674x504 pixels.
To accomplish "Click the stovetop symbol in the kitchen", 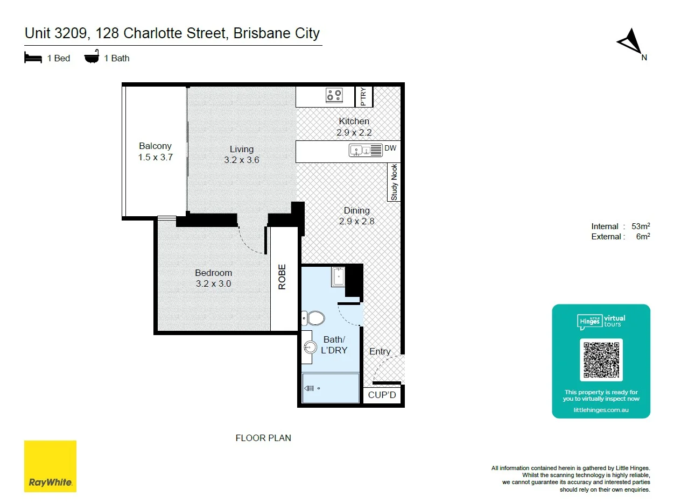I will pyautogui.click(x=334, y=95).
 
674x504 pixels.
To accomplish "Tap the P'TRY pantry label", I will pyautogui.click(x=363, y=96).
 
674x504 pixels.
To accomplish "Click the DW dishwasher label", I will pyautogui.click(x=390, y=147).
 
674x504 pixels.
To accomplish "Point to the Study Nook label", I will pyautogui.click(x=395, y=182).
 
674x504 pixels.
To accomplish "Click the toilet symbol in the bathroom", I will pyautogui.click(x=313, y=318).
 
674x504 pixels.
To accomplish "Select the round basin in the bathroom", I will pyautogui.click(x=310, y=347).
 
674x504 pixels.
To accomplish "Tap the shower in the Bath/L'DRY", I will pyautogui.click(x=331, y=388).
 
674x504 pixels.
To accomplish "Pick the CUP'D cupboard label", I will pyautogui.click(x=382, y=396).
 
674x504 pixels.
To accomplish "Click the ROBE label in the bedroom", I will pyautogui.click(x=282, y=278).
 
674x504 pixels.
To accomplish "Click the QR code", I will pyautogui.click(x=601, y=360).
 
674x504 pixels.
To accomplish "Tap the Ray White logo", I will pyautogui.click(x=50, y=466).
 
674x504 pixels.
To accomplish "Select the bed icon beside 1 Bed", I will pyautogui.click(x=33, y=58).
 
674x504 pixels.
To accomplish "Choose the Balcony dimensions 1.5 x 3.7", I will pyautogui.click(x=155, y=158).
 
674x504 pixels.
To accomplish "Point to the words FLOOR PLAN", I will pyautogui.click(x=263, y=438).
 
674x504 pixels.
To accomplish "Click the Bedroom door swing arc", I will pyautogui.click(x=249, y=242).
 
